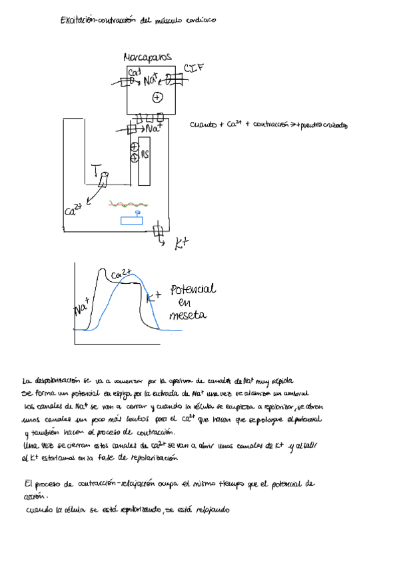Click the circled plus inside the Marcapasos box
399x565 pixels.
tap(157, 97)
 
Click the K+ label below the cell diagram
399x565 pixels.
tap(181, 245)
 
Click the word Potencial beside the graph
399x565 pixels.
tap(193, 290)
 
